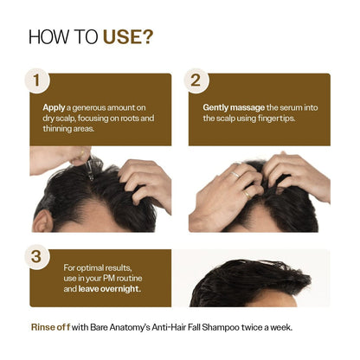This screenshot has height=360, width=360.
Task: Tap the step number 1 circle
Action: [36, 80]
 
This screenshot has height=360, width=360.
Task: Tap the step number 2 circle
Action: [195, 80]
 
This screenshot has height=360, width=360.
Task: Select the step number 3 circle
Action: [36, 256]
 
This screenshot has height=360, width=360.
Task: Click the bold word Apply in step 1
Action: [55, 107]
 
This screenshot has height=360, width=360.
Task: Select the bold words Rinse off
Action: [51, 327]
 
